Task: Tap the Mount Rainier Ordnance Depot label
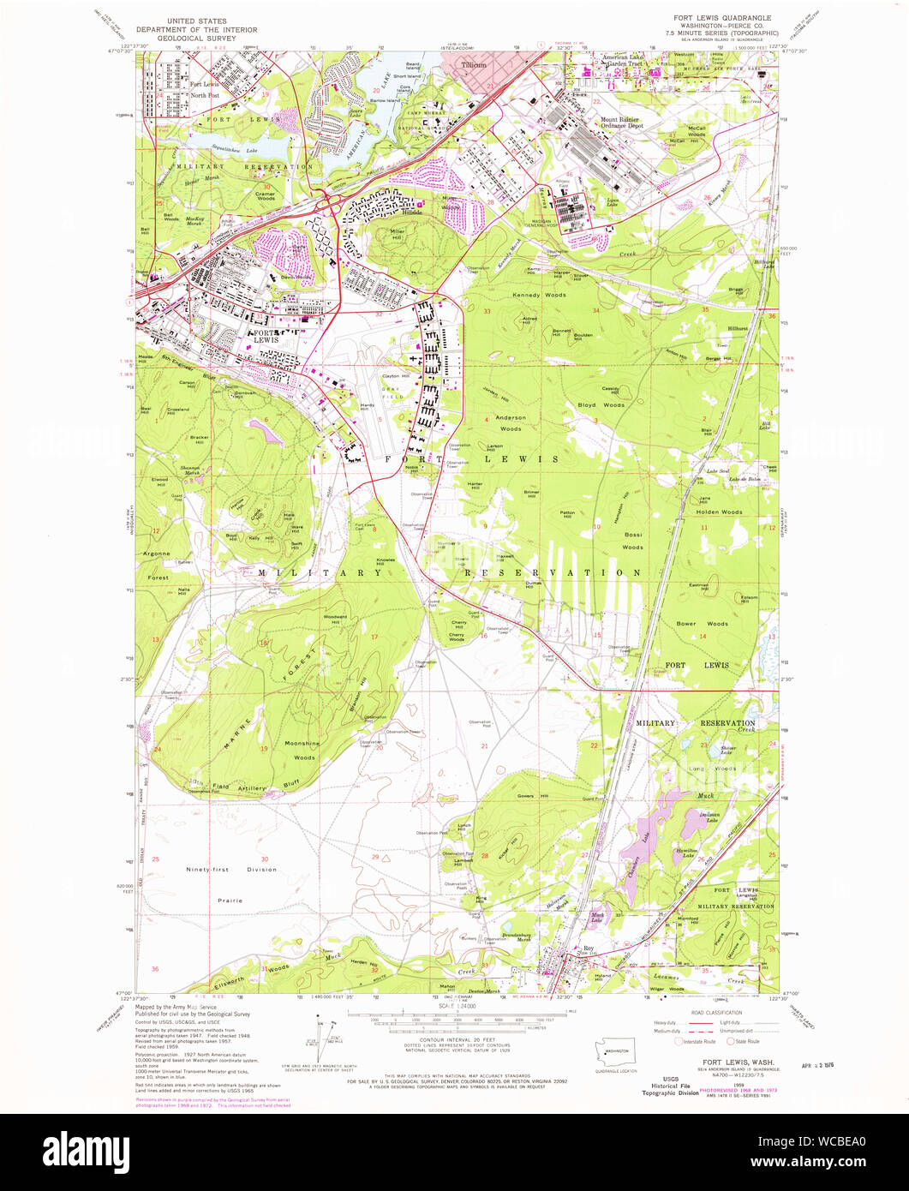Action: click(622, 123)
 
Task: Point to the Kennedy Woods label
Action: click(539, 296)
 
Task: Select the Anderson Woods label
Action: click(511, 423)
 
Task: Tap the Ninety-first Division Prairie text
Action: click(231, 884)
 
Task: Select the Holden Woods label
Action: click(719, 512)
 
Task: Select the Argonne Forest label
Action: click(158, 566)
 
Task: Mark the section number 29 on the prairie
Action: click(374, 857)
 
